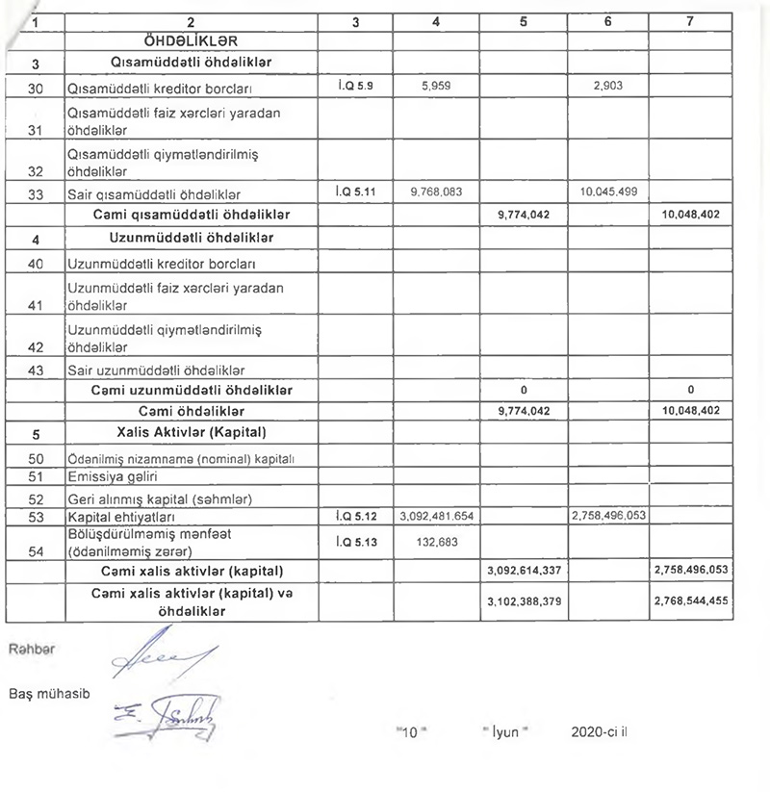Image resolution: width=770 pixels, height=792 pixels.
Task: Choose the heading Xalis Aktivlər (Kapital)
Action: [x=190, y=432]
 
